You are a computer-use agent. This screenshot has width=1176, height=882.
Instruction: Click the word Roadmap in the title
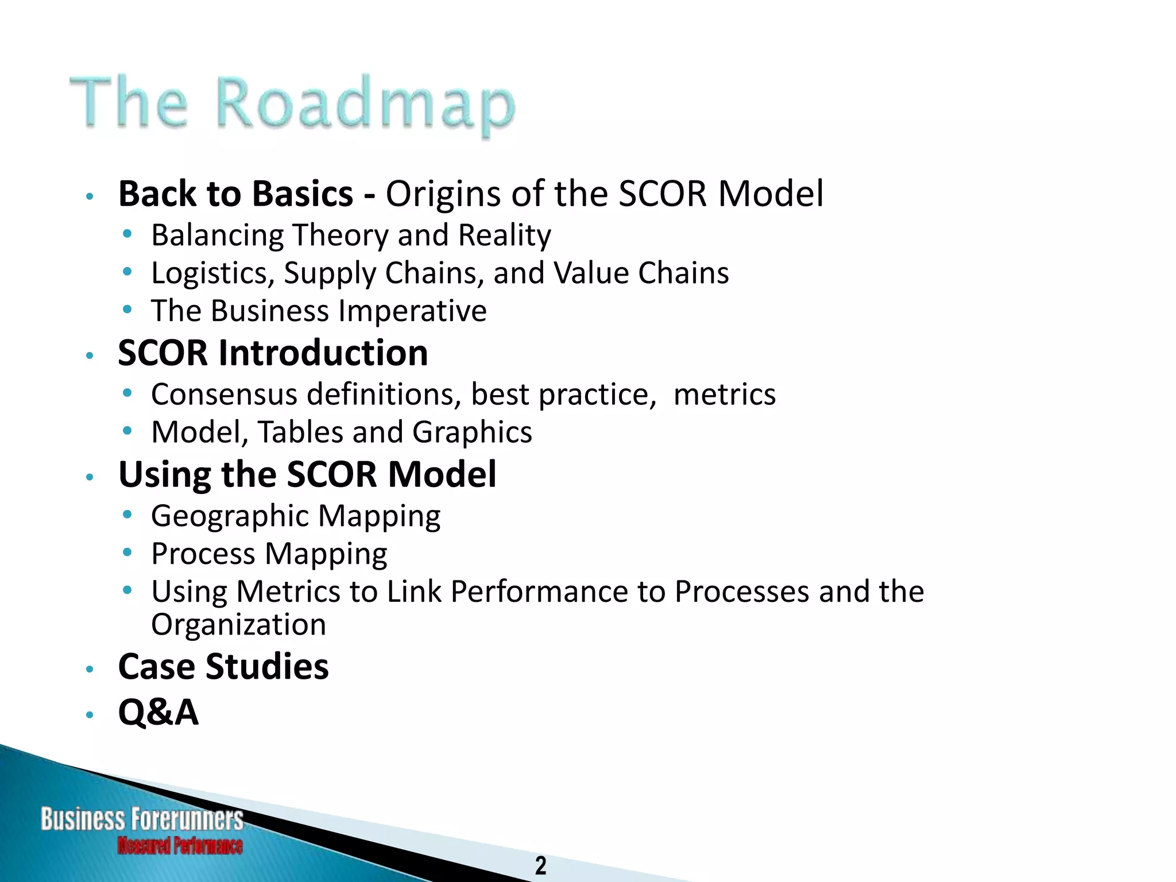click(366, 103)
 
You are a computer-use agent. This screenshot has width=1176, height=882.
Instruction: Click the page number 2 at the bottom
click(540, 865)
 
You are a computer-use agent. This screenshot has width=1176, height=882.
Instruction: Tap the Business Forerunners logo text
click(142, 819)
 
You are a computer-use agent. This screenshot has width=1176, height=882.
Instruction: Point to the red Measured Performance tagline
click(180, 845)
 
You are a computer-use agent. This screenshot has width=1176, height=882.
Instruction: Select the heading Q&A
click(158, 712)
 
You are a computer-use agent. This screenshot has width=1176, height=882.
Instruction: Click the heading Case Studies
click(223, 667)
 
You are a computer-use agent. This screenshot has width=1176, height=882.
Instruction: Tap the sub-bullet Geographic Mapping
click(296, 516)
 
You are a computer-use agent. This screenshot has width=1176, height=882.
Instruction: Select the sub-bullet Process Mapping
click(269, 554)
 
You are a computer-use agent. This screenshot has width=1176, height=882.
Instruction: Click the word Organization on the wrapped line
click(238, 624)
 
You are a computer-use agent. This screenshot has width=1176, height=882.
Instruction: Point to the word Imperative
click(412, 311)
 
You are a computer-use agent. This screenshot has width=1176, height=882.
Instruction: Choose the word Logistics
click(213, 273)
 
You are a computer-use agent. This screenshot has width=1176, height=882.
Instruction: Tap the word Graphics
click(472, 432)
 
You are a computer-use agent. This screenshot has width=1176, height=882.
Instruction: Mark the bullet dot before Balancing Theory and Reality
click(127, 234)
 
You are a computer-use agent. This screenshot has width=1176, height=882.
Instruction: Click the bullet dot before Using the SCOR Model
click(89, 477)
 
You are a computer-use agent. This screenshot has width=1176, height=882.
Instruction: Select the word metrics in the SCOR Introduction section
click(724, 394)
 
